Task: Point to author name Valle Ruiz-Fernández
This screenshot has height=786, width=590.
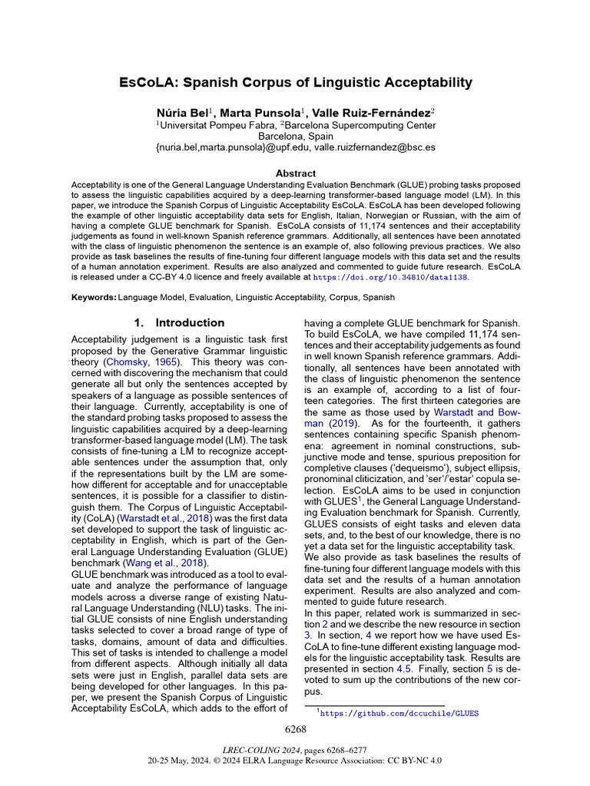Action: coord(371,112)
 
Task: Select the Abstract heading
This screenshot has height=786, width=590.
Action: coord(295,174)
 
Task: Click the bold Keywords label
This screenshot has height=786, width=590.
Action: coord(94,297)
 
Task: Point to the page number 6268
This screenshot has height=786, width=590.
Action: coord(295,728)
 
